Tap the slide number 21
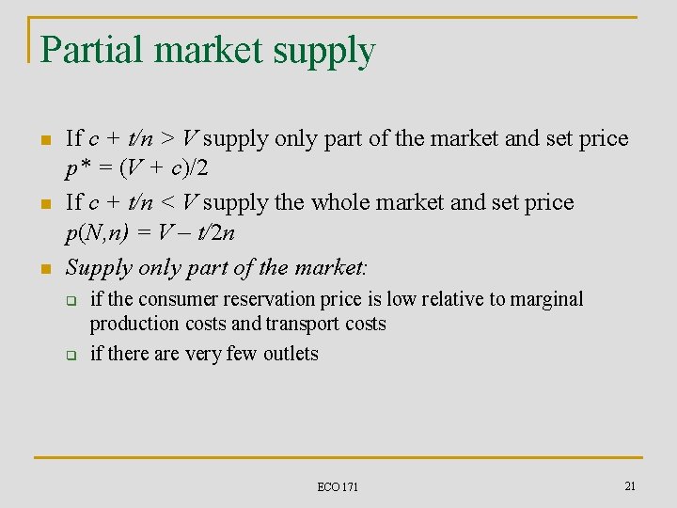(630, 484)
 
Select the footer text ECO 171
(338, 486)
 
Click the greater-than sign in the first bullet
(165, 139)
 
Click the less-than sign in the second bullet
(165, 203)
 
